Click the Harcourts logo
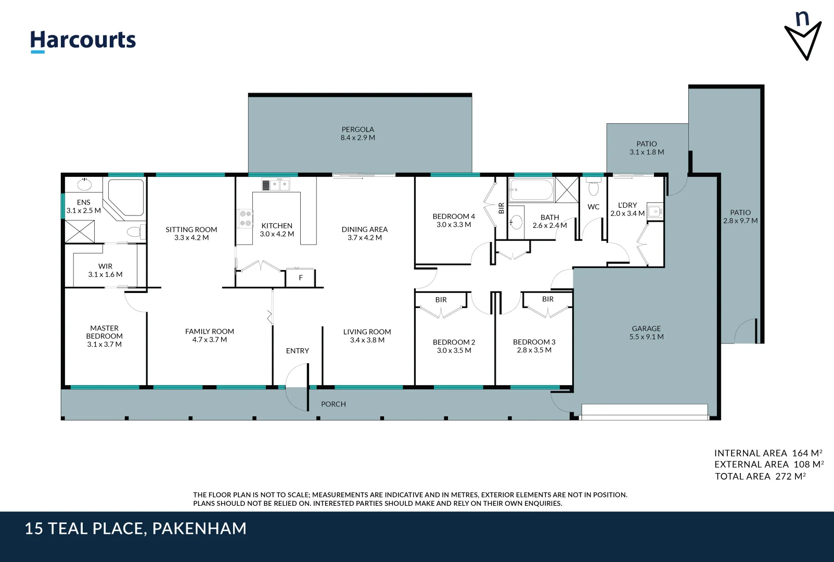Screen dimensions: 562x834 [x=83, y=41]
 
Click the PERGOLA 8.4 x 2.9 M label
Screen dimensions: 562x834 [x=358, y=134]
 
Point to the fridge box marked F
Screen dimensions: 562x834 [x=300, y=278]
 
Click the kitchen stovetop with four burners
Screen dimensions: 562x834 [x=245, y=219]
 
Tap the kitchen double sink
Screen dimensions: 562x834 [x=276, y=185]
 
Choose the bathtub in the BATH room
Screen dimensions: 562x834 [x=531, y=190]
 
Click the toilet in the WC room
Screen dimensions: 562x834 [x=594, y=187]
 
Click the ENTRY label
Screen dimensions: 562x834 [x=297, y=351]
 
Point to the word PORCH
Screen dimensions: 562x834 [x=333, y=404]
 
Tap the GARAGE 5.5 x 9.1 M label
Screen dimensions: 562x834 [x=646, y=333]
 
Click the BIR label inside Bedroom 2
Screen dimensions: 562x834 [x=441, y=300]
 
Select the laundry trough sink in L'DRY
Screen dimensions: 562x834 [x=655, y=211]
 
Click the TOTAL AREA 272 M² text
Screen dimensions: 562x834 [x=760, y=476]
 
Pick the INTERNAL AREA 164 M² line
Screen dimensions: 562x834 [x=768, y=453]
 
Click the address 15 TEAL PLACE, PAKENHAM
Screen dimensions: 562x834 [x=135, y=529]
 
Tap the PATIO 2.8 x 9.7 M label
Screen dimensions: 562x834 [x=740, y=216]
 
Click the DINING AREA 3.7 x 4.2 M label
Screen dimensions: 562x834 [x=364, y=234]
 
